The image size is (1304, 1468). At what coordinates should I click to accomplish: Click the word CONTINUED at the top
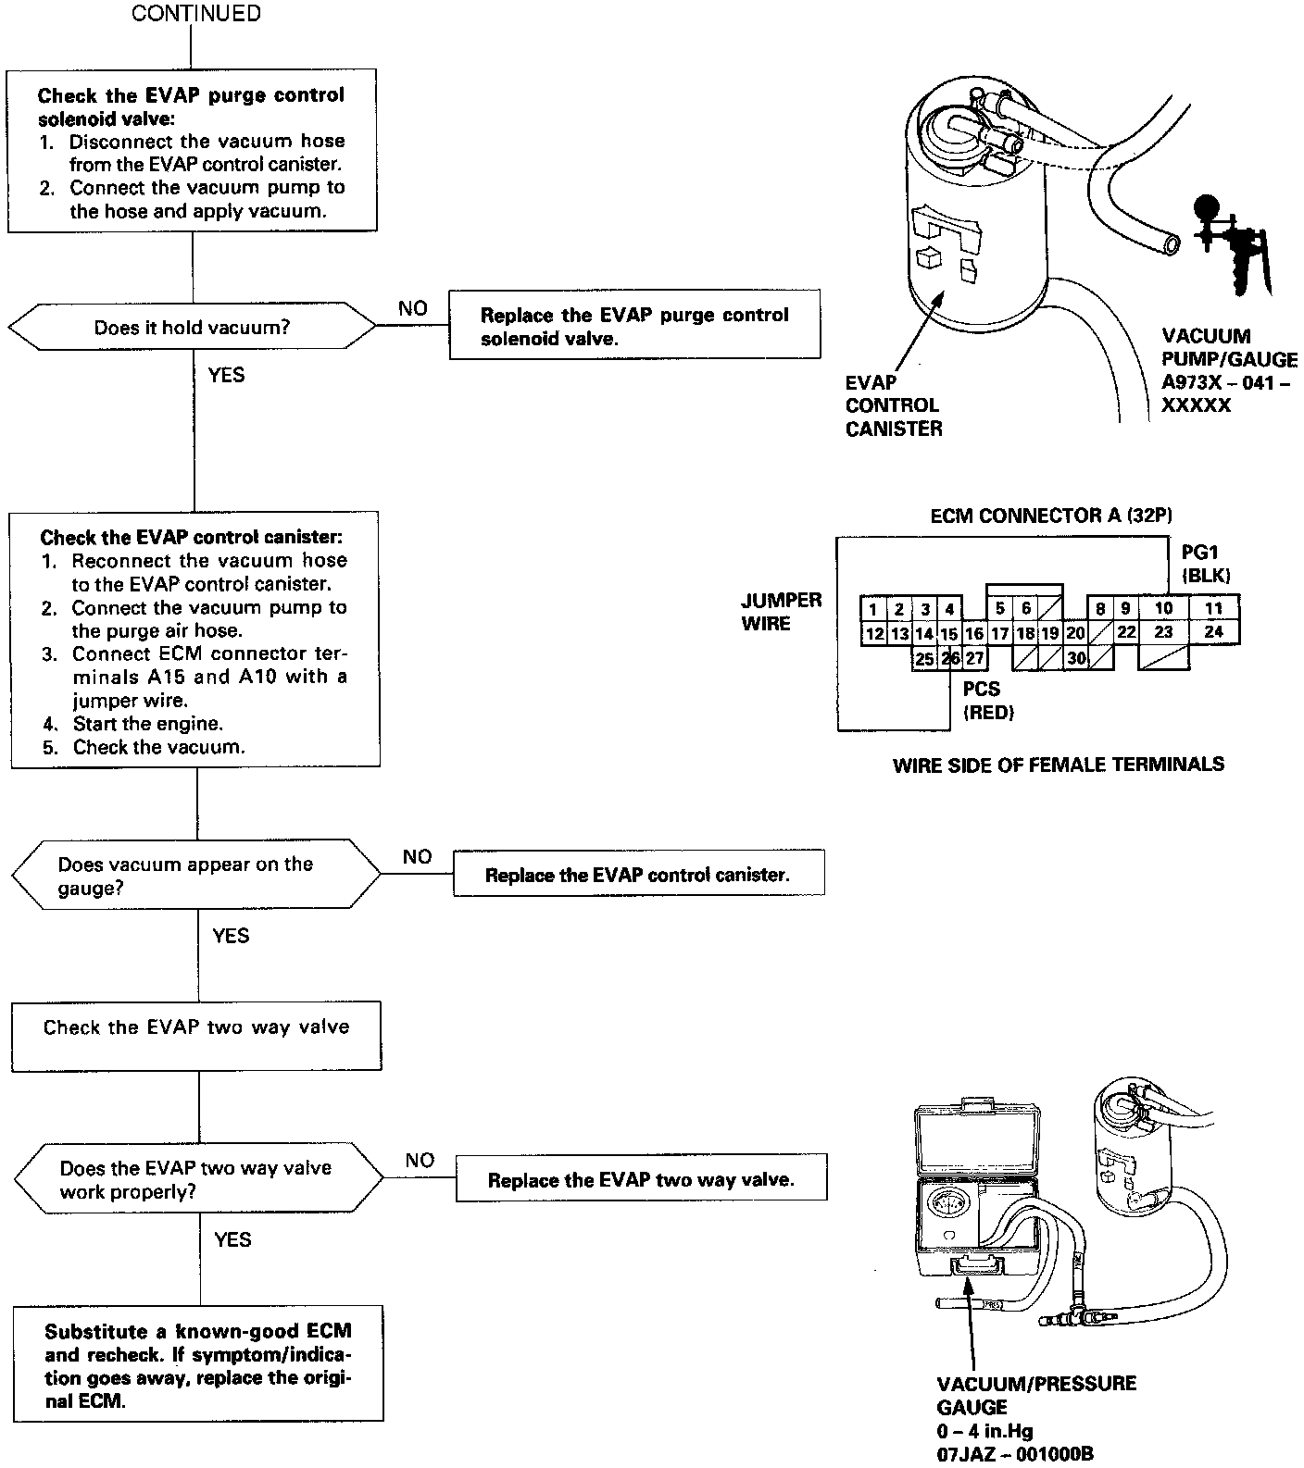pyautogui.click(x=196, y=14)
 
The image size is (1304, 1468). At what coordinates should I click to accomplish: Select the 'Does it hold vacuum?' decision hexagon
pyautogui.click(x=193, y=327)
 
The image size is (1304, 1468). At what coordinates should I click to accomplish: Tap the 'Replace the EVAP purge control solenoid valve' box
pyautogui.click(x=634, y=326)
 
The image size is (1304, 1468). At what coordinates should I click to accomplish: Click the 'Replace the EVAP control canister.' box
pyautogui.click(x=638, y=875)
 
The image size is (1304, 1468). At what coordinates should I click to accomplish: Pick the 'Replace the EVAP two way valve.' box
pyautogui.click(x=641, y=1179)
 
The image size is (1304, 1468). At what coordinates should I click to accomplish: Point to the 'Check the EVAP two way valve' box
pyautogui.click(x=196, y=1036)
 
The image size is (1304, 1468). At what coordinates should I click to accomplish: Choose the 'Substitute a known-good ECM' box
pyautogui.click(x=198, y=1364)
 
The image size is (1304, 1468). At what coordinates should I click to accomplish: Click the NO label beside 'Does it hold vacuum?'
pyautogui.click(x=413, y=309)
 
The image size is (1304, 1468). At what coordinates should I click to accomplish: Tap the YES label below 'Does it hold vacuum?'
pyautogui.click(x=227, y=375)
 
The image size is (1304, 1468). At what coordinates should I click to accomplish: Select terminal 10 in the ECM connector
pyautogui.click(x=1164, y=608)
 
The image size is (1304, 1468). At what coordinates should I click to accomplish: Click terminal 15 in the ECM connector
pyautogui.click(x=949, y=634)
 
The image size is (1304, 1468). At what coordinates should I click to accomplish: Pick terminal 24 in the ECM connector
pyautogui.click(x=1213, y=632)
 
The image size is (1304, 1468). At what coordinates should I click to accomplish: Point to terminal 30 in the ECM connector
pyautogui.click(x=1075, y=658)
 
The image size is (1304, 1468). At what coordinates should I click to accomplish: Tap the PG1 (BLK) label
pyautogui.click(x=1205, y=564)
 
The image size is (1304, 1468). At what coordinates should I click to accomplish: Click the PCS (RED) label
pyautogui.click(x=988, y=701)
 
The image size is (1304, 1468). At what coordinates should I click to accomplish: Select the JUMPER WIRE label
pyautogui.click(x=782, y=611)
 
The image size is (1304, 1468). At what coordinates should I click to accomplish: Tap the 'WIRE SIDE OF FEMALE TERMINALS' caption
pyautogui.click(x=1058, y=765)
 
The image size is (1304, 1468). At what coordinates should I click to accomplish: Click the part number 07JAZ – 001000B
pyautogui.click(x=1014, y=1454)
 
